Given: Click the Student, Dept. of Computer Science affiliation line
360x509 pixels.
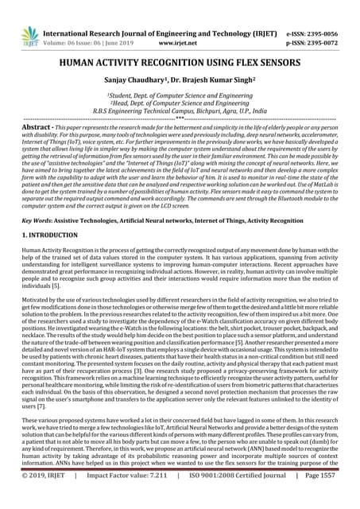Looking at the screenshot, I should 180,95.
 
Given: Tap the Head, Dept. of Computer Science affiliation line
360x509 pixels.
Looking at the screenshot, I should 180,103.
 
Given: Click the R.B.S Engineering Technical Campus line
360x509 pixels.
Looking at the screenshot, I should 180,111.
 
